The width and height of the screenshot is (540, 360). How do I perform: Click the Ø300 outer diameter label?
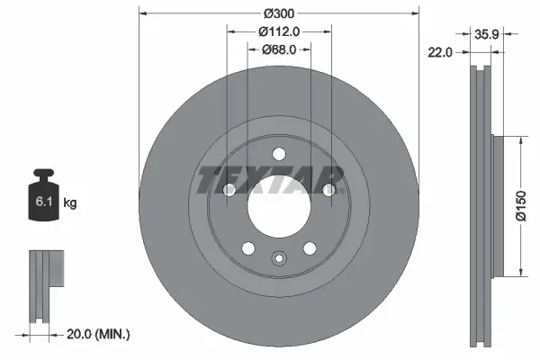point(278,13)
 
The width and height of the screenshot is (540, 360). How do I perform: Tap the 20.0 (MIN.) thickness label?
point(98,333)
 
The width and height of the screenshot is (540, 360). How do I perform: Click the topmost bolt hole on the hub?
point(278,152)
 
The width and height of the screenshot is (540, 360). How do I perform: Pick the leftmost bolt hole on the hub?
point(228,190)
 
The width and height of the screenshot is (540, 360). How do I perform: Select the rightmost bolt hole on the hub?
point(329,190)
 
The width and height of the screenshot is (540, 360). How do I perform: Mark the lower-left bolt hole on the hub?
point(247,248)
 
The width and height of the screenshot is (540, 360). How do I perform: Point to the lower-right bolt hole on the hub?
point(310,248)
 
